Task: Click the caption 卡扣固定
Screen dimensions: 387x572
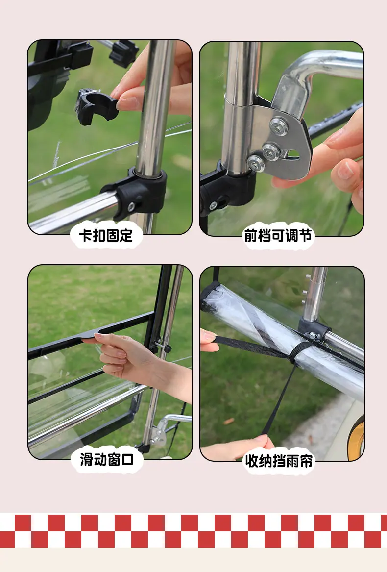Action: coord(106,236)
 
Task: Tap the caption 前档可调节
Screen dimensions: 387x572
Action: coord(278,236)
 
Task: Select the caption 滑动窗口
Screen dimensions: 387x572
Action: coord(107,460)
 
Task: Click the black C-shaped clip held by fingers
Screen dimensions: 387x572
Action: coord(96,106)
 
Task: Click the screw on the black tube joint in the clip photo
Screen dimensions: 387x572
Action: coord(131,207)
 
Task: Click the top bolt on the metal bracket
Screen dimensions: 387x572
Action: coord(279,126)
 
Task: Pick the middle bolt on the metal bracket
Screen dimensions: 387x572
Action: coord(271,150)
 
